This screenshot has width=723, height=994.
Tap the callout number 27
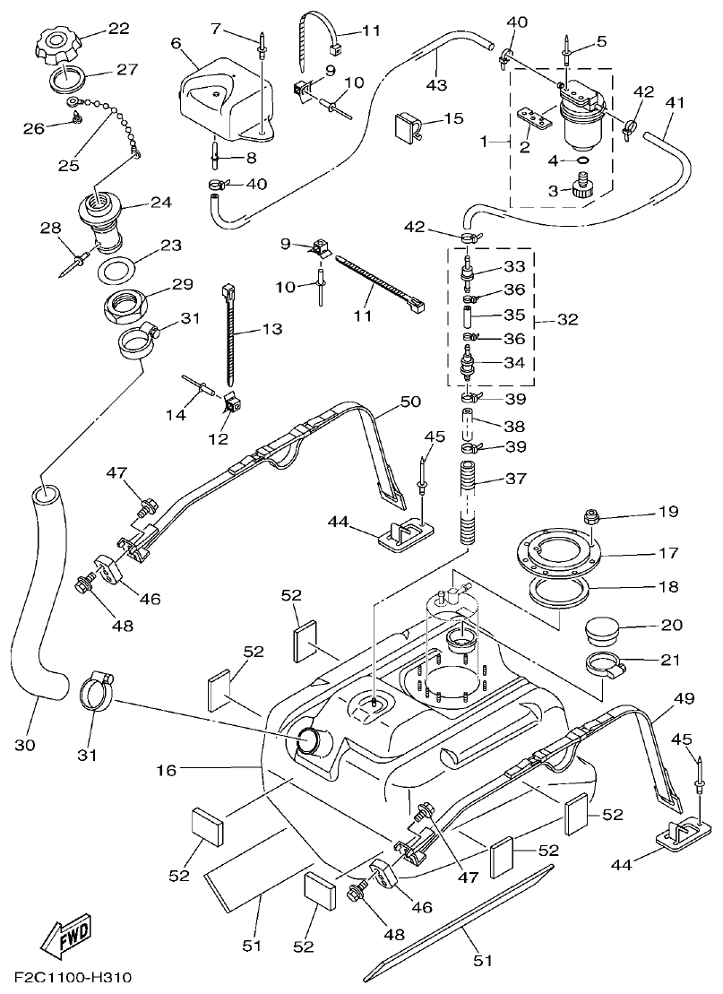point(126,69)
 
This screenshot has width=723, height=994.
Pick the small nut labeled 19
point(591,516)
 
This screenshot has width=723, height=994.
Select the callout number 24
point(161,203)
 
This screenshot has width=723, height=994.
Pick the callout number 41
point(675,102)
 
